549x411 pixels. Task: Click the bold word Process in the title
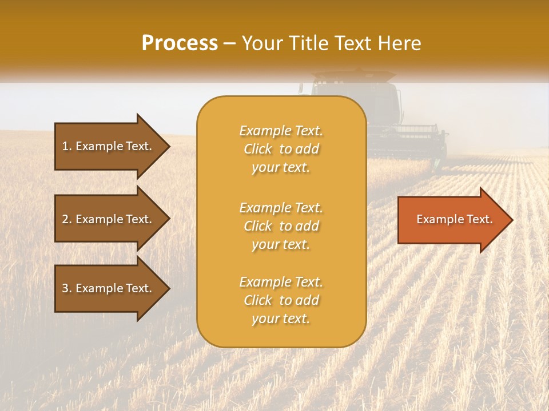(x=180, y=43)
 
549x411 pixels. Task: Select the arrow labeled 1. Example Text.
(x=109, y=146)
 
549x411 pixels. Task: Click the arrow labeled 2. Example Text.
(x=109, y=219)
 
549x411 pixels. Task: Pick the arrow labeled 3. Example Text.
(x=109, y=288)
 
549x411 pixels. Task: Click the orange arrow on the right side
(x=452, y=219)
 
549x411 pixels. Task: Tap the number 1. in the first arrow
(x=67, y=146)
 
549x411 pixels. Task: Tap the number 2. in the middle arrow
(x=67, y=219)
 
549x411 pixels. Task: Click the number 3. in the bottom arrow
(x=67, y=288)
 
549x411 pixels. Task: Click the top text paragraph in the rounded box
(x=281, y=149)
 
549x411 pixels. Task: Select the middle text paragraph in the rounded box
(x=281, y=226)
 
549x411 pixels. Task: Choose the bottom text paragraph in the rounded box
(x=281, y=300)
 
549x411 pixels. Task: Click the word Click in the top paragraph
(x=258, y=150)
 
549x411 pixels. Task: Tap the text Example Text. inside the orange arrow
(x=454, y=219)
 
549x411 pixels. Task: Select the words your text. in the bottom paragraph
(x=281, y=319)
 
